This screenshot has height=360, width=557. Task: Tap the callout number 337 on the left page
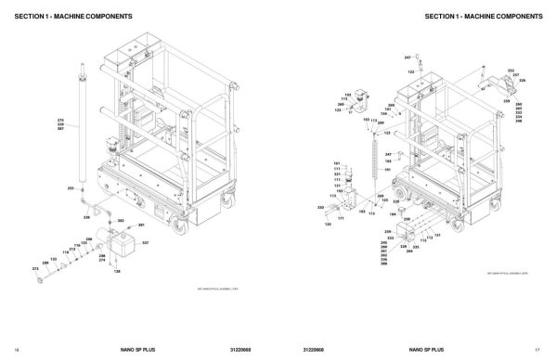pyautogui.click(x=145, y=242)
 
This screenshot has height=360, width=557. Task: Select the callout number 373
pyautogui.click(x=35, y=268)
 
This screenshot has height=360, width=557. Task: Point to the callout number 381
pyautogui.click(x=142, y=225)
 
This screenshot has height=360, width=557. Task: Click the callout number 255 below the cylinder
pyautogui.click(x=70, y=188)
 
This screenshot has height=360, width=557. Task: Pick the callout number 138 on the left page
pyautogui.click(x=118, y=271)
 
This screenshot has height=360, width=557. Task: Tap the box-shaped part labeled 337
pyautogui.click(x=120, y=243)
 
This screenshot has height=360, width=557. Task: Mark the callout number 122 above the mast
pyautogui.click(x=411, y=71)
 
